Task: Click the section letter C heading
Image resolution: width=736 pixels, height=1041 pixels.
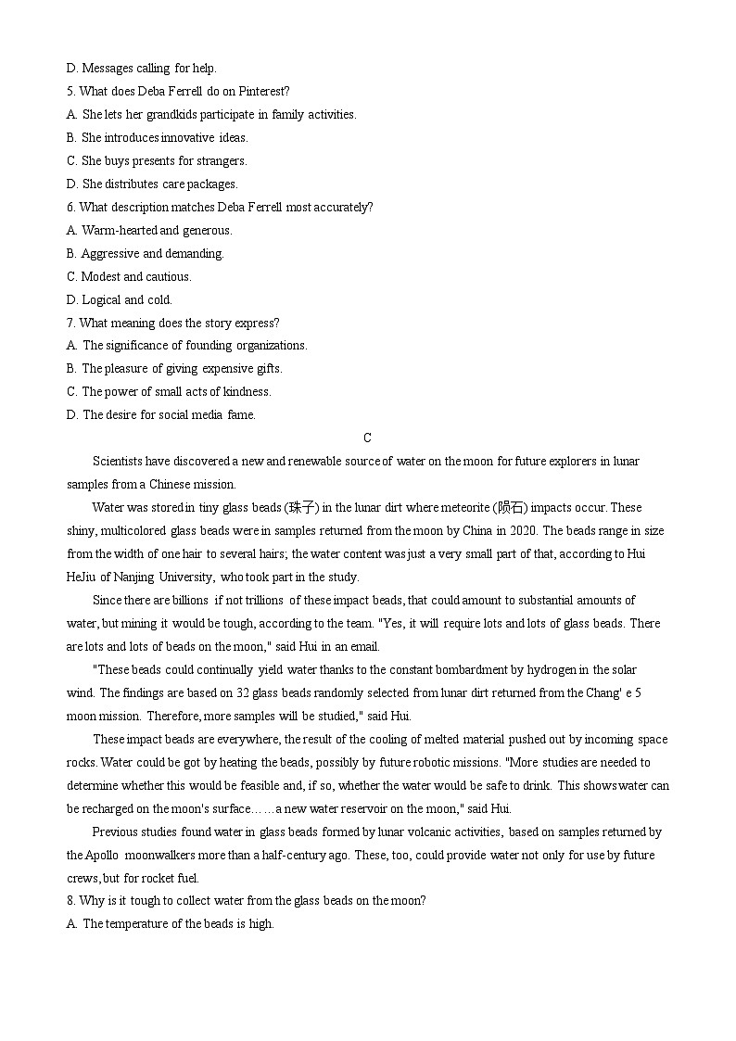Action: [x=367, y=438]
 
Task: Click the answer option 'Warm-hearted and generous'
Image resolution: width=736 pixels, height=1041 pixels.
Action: [x=157, y=231]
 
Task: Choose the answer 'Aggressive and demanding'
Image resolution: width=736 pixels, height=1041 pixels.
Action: [x=152, y=254]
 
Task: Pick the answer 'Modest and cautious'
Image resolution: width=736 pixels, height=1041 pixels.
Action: [x=136, y=277]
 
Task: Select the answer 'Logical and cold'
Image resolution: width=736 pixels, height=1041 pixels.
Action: [x=127, y=300]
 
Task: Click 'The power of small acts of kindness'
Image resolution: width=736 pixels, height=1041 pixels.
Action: [x=176, y=392]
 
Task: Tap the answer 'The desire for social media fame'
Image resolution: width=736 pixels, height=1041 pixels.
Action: [x=169, y=415]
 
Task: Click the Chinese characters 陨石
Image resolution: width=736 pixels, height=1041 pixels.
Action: [x=511, y=508]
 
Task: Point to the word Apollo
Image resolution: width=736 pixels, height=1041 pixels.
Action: [x=104, y=855]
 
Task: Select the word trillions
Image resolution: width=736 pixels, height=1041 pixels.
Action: [x=261, y=601]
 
